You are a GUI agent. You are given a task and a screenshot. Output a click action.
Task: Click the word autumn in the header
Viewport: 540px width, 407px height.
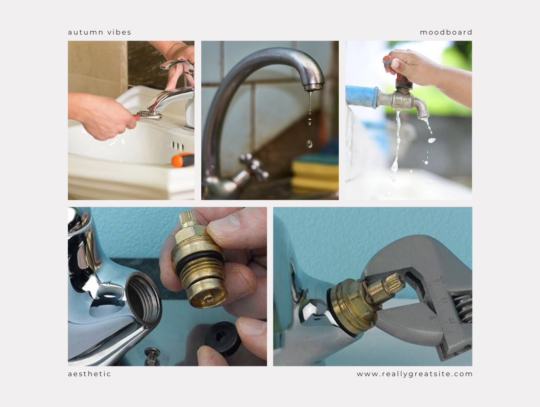[x=86, y=32]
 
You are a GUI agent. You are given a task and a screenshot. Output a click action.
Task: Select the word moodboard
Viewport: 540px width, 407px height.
[x=446, y=32]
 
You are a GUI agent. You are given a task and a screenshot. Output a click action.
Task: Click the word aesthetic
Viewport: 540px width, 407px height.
[x=89, y=374]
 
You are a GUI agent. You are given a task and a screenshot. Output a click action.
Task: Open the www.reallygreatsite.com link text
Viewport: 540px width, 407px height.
[x=415, y=374]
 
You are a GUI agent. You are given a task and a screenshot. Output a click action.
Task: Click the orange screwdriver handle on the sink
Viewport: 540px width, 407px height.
[x=183, y=160]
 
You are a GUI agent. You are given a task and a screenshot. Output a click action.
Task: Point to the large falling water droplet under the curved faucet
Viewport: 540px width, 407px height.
[x=310, y=144]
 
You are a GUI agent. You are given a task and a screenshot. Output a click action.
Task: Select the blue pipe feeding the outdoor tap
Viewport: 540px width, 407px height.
[x=362, y=97]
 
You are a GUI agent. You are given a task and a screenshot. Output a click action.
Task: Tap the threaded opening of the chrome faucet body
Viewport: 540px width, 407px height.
[x=144, y=300]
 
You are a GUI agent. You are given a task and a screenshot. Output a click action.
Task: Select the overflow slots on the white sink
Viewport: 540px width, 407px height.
[x=177, y=146]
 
